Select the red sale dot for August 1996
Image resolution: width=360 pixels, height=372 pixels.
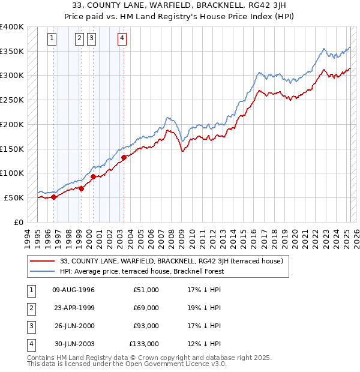(x=53, y=196)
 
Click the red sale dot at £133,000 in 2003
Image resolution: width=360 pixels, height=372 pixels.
(x=124, y=157)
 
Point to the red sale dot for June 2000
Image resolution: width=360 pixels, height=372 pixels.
(x=94, y=176)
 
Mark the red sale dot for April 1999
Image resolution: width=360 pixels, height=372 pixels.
(x=81, y=188)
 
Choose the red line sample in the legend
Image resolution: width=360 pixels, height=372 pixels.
(x=42, y=261)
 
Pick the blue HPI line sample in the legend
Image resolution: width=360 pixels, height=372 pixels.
(x=42, y=271)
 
